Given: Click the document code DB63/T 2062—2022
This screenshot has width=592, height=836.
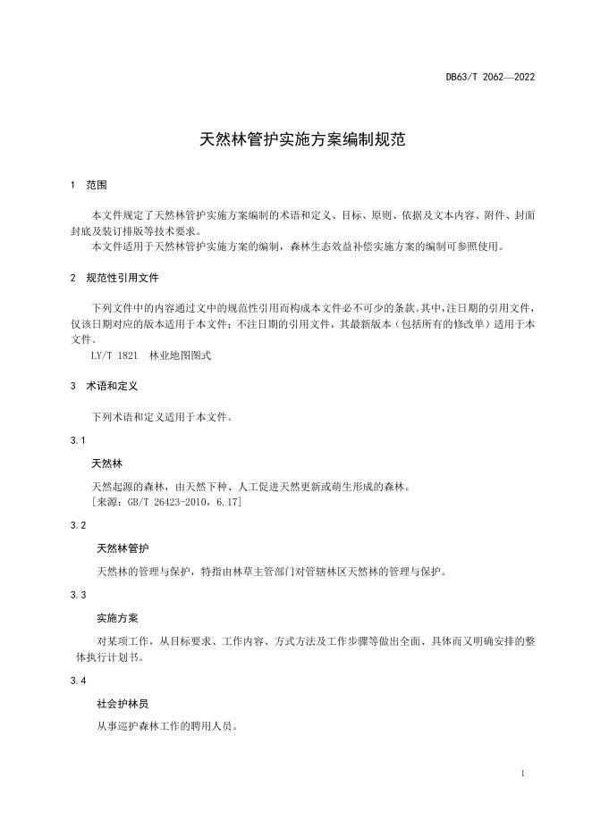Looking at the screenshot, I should [490, 77].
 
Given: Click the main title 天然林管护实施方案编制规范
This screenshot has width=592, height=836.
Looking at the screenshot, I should [295, 140].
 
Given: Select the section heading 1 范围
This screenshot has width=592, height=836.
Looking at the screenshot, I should [89, 185].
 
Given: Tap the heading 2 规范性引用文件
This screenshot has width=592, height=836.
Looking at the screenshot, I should [114, 278].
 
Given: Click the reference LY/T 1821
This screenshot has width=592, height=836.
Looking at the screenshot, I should [114, 355].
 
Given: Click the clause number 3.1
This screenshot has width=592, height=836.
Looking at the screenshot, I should [78, 441].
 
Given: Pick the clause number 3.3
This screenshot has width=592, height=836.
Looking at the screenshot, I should [78, 594].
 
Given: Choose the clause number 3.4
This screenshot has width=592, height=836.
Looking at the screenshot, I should [78, 681].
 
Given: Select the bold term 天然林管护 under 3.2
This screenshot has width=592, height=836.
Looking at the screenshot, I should [123, 548].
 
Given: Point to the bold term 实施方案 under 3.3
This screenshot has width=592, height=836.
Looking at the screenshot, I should [117, 618].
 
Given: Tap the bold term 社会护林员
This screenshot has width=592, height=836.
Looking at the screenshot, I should [123, 704].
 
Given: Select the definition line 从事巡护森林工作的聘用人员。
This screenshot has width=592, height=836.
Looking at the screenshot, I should [166, 726].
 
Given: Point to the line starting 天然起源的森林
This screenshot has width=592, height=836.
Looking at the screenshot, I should [250, 487].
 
